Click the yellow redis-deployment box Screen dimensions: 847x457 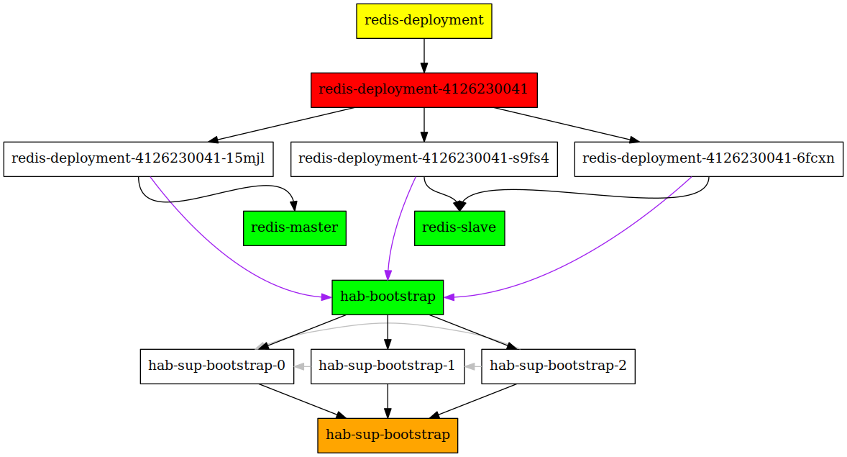click(x=424, y=21)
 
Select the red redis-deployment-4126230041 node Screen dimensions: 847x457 click(x=424, y=90)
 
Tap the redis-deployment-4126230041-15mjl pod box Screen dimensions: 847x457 click(x=138, y=159)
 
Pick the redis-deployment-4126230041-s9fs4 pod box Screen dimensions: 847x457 click(x=424, y=159)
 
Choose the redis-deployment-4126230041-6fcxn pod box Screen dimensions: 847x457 click(x=709, y=159)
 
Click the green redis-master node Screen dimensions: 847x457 click(x=295, y=228)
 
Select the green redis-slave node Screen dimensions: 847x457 click(x=459, y=228)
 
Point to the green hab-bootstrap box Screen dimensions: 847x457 click(x=388, y=297)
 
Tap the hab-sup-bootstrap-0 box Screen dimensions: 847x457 click(x=217, y=367)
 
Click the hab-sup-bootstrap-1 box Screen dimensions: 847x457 click(x=388, y=367)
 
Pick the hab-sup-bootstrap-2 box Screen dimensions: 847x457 click(x=559, y=367)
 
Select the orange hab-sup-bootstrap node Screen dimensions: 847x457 click(x=388, y=435)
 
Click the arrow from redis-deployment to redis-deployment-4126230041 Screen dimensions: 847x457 click(x=424, y=55)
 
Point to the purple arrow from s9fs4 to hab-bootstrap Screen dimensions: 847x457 click(x=397, y=227)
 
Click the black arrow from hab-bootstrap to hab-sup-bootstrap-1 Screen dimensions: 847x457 click(x=388, y=332)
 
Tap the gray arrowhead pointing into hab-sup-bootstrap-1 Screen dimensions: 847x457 click(x=470, y=367)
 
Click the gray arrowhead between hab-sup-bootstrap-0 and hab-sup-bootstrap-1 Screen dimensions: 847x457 click(x=299, y=367)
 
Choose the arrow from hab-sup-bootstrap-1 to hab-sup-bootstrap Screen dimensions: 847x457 click(x=388, y=402)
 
